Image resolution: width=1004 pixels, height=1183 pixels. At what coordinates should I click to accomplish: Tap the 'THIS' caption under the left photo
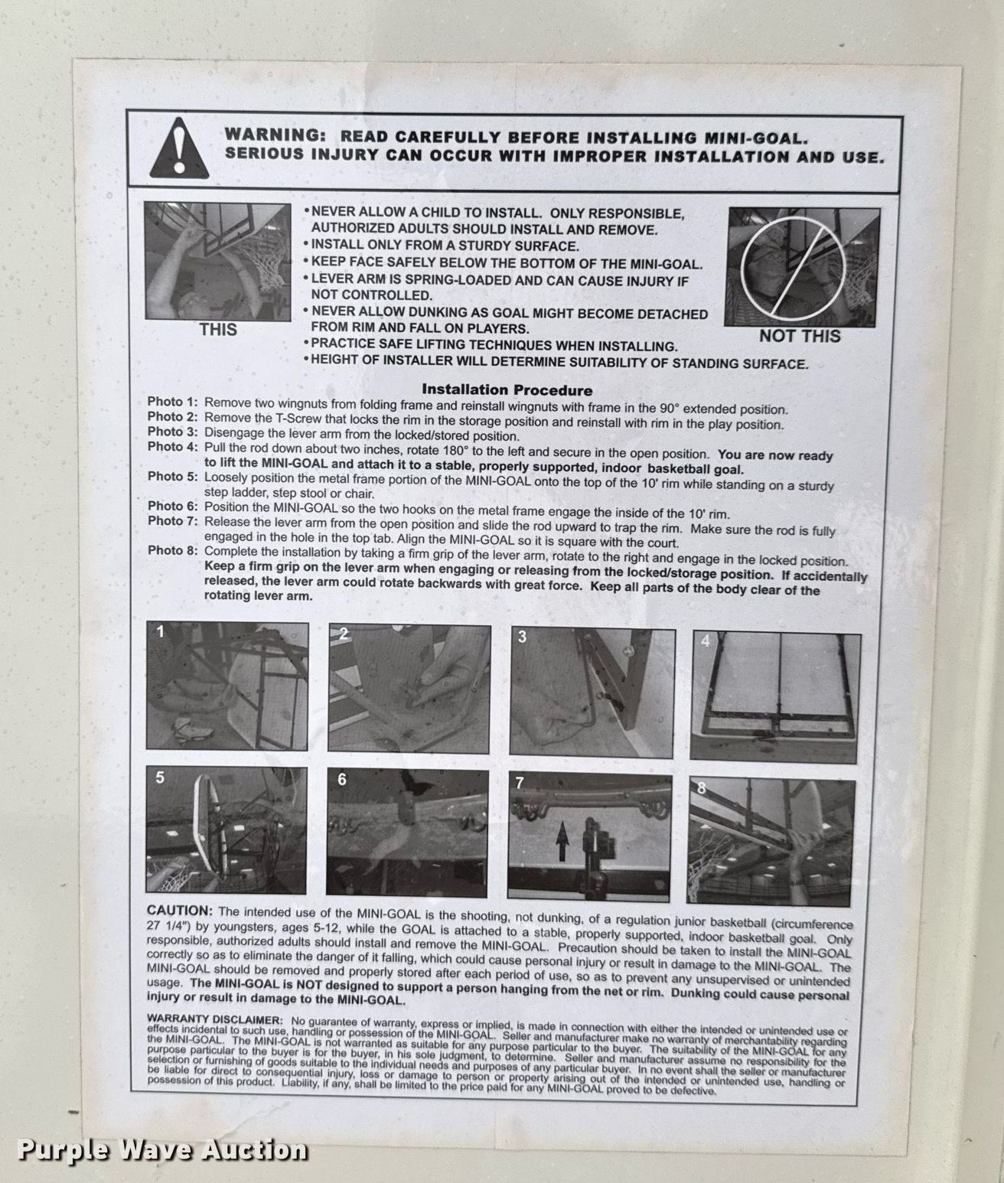218,331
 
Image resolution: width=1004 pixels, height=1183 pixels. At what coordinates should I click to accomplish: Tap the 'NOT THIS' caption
800,337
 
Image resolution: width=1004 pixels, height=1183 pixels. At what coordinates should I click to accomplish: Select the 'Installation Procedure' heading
507,390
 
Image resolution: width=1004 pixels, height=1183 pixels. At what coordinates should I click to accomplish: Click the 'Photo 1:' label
172,402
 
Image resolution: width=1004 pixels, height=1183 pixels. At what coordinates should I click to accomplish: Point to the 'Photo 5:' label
172,476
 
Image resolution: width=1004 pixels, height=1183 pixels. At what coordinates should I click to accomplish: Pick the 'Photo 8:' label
172,551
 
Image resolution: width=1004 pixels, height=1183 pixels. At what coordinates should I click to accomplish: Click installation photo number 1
227,686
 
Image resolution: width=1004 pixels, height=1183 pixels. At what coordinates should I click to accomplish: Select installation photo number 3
592,693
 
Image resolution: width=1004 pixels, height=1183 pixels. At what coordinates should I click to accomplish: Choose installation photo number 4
775,698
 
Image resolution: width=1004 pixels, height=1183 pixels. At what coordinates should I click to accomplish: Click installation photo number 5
226,830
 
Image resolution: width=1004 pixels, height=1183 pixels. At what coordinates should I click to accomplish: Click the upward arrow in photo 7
562,841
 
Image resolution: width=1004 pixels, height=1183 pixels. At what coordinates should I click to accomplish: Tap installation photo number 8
771,842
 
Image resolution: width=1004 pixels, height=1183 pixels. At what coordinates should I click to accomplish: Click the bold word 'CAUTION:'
180,911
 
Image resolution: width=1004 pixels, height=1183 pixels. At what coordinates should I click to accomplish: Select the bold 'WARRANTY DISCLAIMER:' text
215,1019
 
